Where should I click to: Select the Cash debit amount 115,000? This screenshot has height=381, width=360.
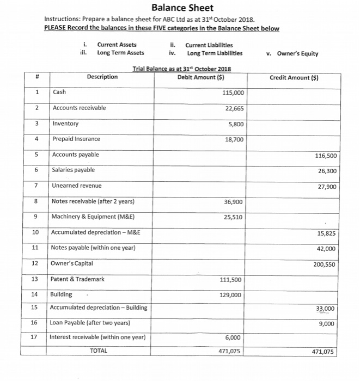click(234, 93)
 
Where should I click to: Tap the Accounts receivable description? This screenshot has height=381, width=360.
click(80, 108)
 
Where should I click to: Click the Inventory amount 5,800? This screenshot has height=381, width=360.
click(237, 124)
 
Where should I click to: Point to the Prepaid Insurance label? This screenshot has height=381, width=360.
click(76, 139)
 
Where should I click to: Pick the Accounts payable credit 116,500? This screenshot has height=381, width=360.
click(325, 156)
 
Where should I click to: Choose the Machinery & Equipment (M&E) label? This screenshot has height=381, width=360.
click(93, 217)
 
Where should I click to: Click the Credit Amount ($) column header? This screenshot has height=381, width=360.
click(294, 77)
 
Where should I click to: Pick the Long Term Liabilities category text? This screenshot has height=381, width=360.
click(215, 53)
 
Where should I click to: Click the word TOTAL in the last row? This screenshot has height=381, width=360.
click(99, 351)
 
